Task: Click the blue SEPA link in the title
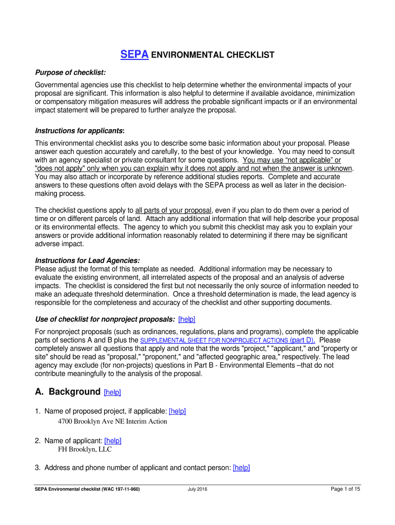[134, 55]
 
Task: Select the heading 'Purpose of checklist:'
[70, 73]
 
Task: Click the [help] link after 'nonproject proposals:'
[187, 319]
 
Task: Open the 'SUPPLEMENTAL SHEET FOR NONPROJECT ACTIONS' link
[207, 340]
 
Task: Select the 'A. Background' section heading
[68, 392]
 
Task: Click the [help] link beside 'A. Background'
[112, 392]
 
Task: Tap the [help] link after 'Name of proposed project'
[177, 411]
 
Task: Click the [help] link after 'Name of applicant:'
[112, 440]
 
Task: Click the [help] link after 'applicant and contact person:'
[241, 468]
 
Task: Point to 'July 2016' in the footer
[197, 489]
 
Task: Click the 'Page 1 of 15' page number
[345, 489]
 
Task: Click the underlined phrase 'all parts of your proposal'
[173, 210]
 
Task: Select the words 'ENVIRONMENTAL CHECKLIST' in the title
[212, 55]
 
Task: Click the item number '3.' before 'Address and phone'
[38, 468]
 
